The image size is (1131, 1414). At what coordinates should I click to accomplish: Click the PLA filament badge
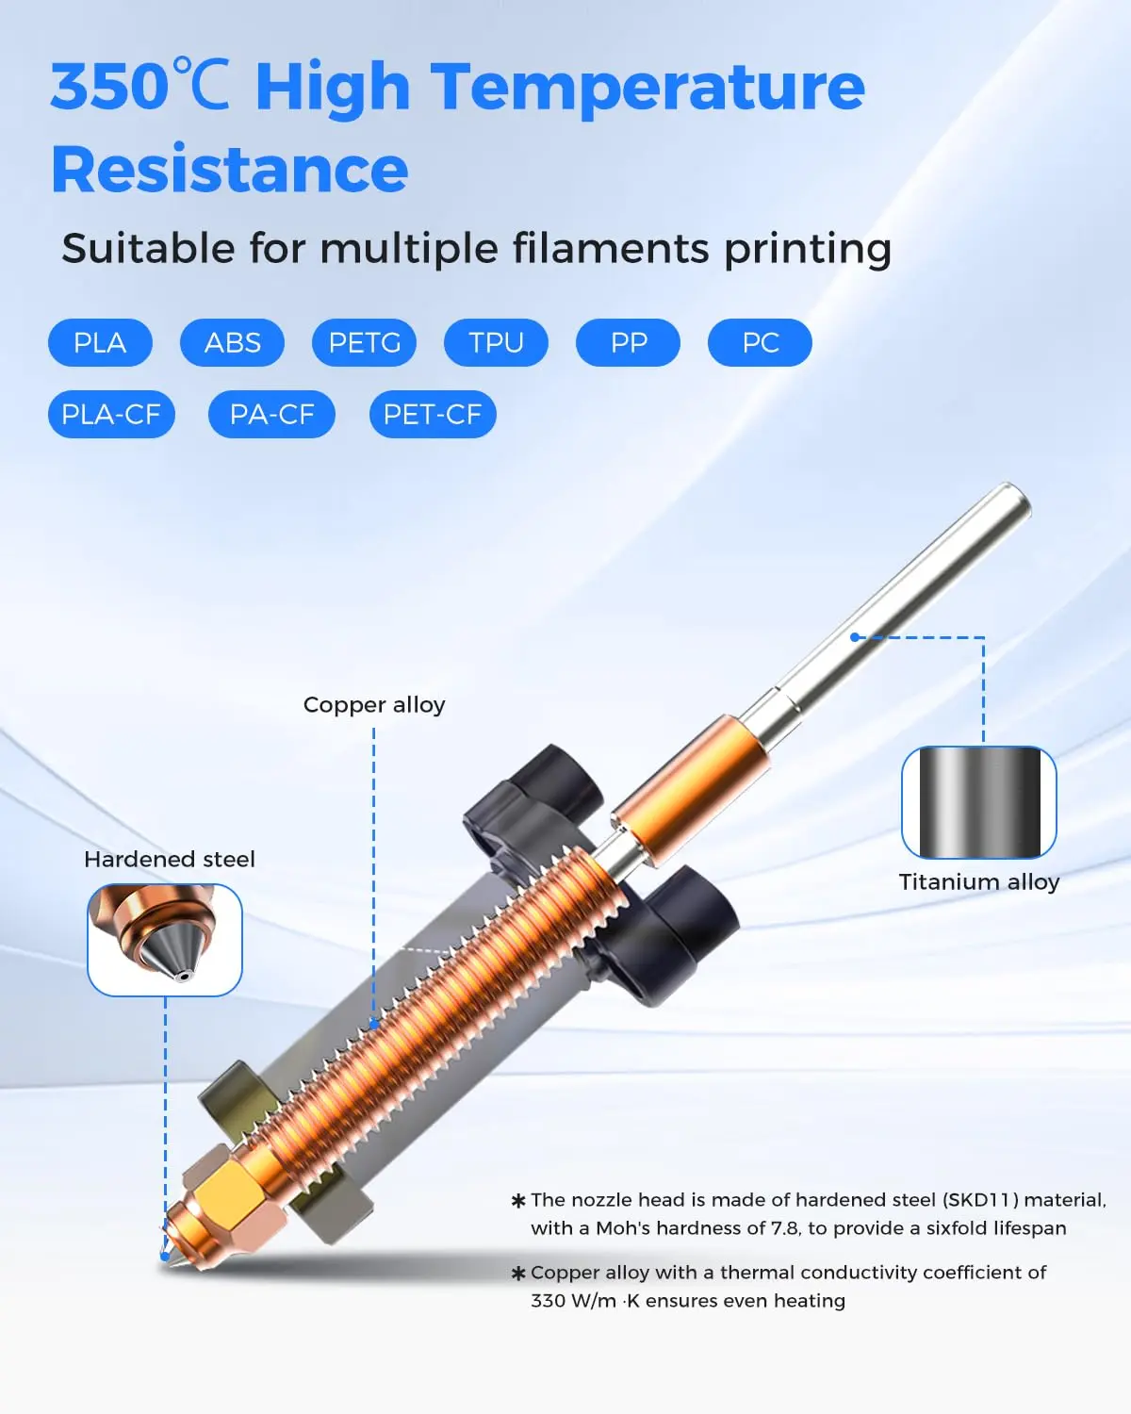(x=100, y=342)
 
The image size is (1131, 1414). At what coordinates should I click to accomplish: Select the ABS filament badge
(x=232, y=342)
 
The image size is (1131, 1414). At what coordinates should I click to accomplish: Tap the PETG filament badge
(x=364, y=342)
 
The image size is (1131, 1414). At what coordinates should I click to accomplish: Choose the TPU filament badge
(x=496, y=342)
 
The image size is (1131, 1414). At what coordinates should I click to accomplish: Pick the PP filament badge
(x=628, y=342)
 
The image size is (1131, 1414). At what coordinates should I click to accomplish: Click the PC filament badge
(x=760, y=342)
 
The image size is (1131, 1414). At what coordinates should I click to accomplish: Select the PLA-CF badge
(x=111, y=414)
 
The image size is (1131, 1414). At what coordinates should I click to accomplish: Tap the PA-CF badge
(x=271, y=414)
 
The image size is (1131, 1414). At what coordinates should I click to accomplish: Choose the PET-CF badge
(x=433, y=414)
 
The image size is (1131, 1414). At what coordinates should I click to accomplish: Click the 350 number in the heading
(x=108, y=87)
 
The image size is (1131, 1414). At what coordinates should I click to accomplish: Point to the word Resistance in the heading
(x=229, y=170)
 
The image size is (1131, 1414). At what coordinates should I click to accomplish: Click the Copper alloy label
(x=374, y=705)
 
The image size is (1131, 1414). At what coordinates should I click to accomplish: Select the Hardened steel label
(x=170, y=860)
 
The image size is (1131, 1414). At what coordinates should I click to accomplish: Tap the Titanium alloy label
(x=979, y=882)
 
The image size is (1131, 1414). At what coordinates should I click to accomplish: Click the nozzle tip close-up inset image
(x=165, y=940)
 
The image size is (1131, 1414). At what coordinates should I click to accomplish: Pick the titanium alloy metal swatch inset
(x=979, y=802)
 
